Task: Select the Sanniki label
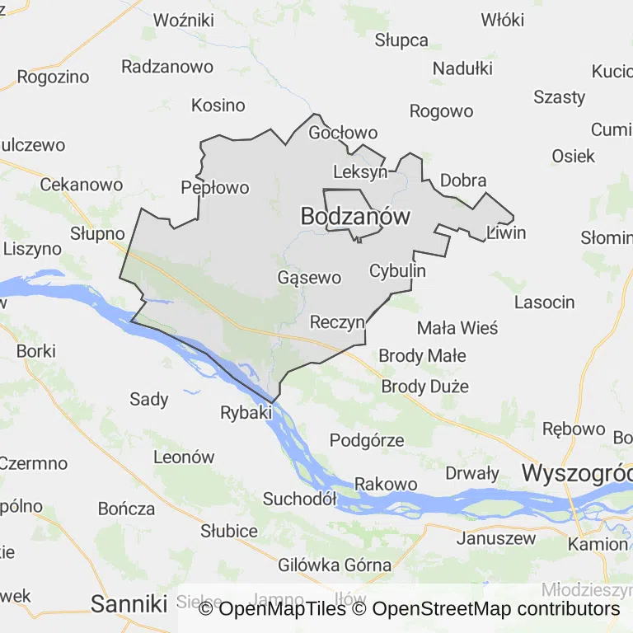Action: (129, 603)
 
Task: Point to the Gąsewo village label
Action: (309, 277)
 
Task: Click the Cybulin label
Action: (397, 270)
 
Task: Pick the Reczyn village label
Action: (337, 321)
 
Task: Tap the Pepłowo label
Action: (214, 188)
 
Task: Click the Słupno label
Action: (97, 233)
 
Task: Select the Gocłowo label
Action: (343, 133)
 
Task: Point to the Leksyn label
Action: (360, 172)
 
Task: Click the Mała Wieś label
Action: (457, 328)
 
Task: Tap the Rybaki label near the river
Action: (246, 412)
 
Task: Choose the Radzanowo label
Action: (167, 67)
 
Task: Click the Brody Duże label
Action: (424, 386)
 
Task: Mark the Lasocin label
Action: (544, 302)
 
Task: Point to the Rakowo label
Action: (386, 484)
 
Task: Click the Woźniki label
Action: (184, 20)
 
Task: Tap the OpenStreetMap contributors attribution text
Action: (495, 609)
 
